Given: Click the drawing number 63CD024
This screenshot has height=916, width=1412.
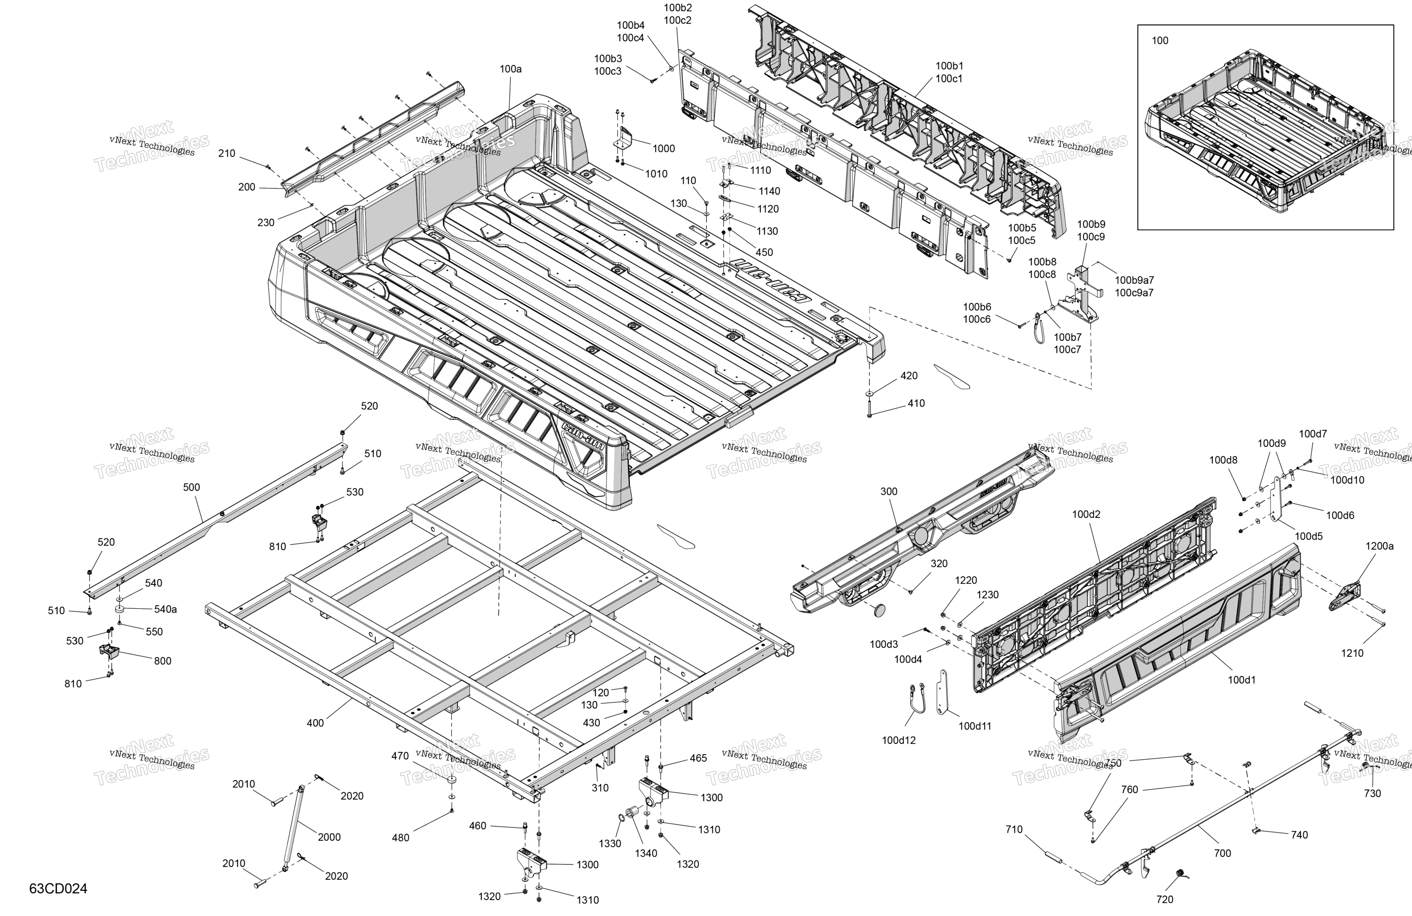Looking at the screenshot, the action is click(58, 889).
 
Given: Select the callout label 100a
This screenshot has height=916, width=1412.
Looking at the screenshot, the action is click(510, 69).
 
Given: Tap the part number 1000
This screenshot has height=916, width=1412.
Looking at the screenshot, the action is click(664, 148).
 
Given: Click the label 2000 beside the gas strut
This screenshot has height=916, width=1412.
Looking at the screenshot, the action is click(329, 837).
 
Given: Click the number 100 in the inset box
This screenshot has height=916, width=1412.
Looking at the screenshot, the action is click(1160, 40).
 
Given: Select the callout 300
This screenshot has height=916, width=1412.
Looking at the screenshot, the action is click(889, 492).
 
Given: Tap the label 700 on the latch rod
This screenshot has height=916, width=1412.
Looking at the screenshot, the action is click(1222, 853).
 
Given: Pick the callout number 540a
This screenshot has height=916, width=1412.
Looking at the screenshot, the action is click(166, 609).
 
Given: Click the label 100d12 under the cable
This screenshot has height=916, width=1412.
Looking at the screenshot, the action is click(899, 740).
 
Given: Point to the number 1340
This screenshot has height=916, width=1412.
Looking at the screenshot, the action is click(646, 853).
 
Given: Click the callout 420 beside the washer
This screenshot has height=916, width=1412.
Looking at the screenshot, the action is click(909, 376).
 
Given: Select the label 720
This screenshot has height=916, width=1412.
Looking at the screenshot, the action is click(1165, 899).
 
